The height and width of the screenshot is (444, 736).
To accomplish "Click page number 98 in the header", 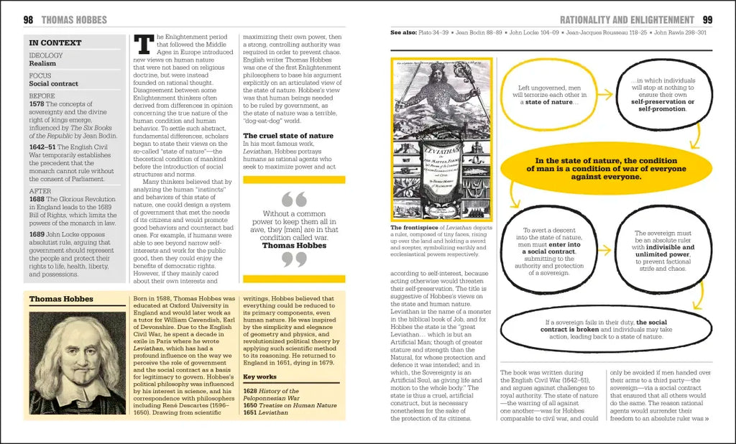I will click(x=29, y=20).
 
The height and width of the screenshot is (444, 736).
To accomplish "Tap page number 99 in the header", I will click(x=707, y=20).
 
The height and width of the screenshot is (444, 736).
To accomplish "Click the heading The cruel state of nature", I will click(x=288, y=135).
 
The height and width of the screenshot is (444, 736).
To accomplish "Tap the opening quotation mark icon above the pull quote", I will click(x=294, y=199).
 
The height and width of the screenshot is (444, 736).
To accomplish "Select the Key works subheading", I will click(x=260, y=376).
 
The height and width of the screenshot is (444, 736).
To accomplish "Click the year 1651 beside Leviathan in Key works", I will click(x=251, y=414).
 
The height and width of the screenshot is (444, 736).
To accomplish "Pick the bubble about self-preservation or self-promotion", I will click(x=663, y=96).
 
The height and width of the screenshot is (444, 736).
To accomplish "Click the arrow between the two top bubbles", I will click(x=605, y=94).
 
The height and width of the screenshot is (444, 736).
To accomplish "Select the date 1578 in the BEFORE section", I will click(x=37, y=104).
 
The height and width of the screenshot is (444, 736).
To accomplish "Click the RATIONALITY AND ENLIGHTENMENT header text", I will click(x=627, y=20).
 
